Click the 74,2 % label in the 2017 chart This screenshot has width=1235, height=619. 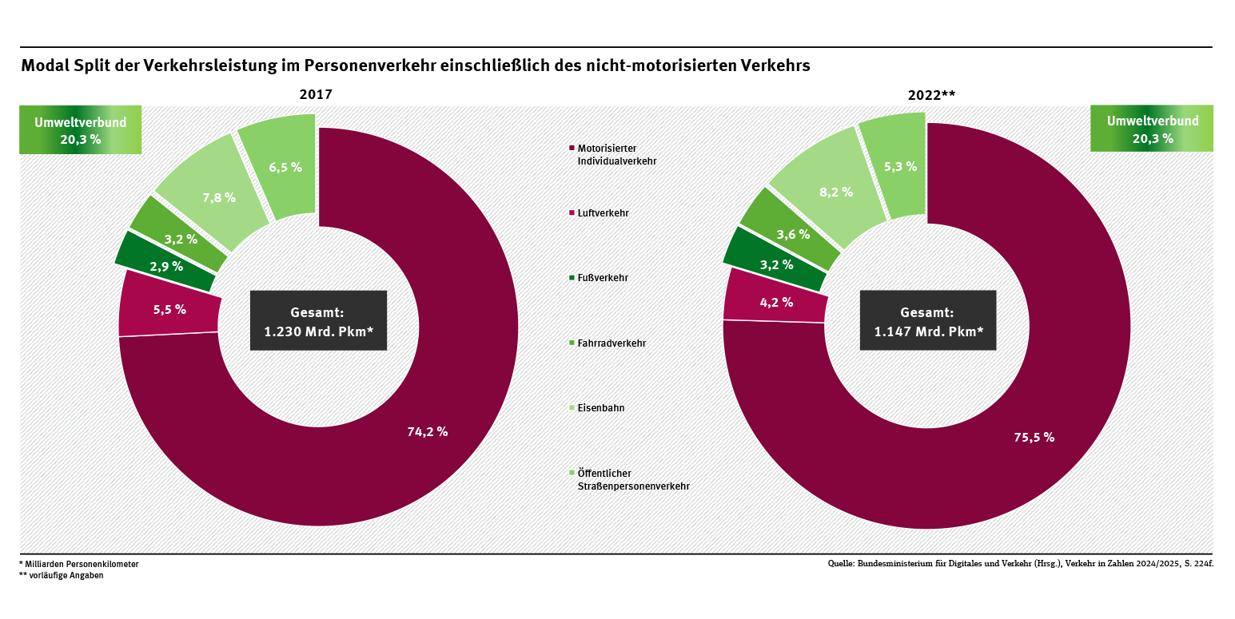click(427, 432)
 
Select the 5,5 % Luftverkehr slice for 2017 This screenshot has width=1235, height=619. click(169, 309)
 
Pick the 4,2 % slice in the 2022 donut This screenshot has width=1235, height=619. click(775, 302)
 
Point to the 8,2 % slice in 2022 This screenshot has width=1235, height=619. click(835, 192)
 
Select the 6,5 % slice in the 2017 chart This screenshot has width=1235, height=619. click(285, 167)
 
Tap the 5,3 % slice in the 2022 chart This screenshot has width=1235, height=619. click(899, 166)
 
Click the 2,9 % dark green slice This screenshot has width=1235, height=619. click(166, 266)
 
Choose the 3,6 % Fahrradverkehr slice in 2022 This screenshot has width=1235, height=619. click(792, 234)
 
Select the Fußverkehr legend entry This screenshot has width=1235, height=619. click(602, 278)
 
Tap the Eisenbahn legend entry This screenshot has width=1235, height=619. click(600, 408)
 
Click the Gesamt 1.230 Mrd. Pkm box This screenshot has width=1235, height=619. click(318, 320)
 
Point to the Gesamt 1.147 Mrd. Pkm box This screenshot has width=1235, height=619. click(927, 320)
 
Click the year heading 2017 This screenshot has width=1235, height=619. click(316, 95)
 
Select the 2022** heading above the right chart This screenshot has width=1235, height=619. click(931, 95)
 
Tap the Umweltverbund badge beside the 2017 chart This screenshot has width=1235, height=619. click(80, 129)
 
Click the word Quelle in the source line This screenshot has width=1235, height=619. click(840, 564)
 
